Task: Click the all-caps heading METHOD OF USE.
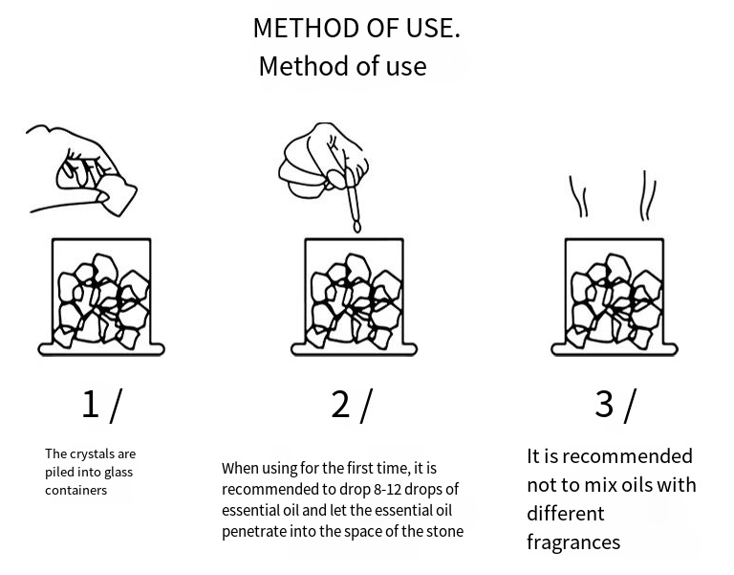point(356,28)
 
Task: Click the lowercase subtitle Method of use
point(343,66)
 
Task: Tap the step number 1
point(91,404)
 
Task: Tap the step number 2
point(340,404)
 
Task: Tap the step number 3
point(604,404)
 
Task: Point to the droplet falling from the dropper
point(357,228)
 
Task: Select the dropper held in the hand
point(351,197)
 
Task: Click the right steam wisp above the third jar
point(648,195)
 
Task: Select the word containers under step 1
point(76,491)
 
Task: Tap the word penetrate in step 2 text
point(253,532)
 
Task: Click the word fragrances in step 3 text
point(573,543)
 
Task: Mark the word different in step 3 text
point(566,514)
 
